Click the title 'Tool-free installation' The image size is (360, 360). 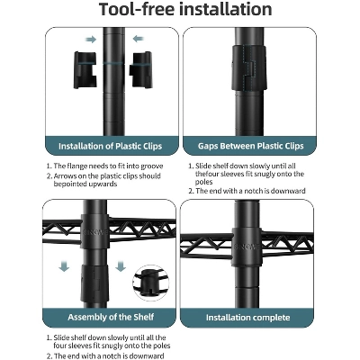tap(185, 9)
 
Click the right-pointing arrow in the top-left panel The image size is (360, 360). tap(91, 40)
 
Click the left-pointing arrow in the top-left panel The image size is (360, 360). tap(138, 39)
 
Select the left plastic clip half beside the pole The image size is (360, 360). tap(85, 70)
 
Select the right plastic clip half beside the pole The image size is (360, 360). tap(140, 70)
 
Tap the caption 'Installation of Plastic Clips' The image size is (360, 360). tap(111, 147)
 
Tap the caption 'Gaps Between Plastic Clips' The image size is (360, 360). tap(250, 146)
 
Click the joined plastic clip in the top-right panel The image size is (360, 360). tap(249, 67)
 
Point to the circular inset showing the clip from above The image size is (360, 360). tap(150, 283)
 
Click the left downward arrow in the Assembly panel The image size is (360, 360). tap(64, 266)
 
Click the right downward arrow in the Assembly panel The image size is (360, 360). tap(121, 266)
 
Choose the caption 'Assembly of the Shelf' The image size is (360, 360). tap(111, 317)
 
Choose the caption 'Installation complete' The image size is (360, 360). tap(247, 318)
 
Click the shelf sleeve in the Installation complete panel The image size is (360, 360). tap(247, 247)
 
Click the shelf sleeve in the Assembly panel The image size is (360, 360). tap(94, 231)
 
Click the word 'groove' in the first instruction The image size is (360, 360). tap(152, 166)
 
